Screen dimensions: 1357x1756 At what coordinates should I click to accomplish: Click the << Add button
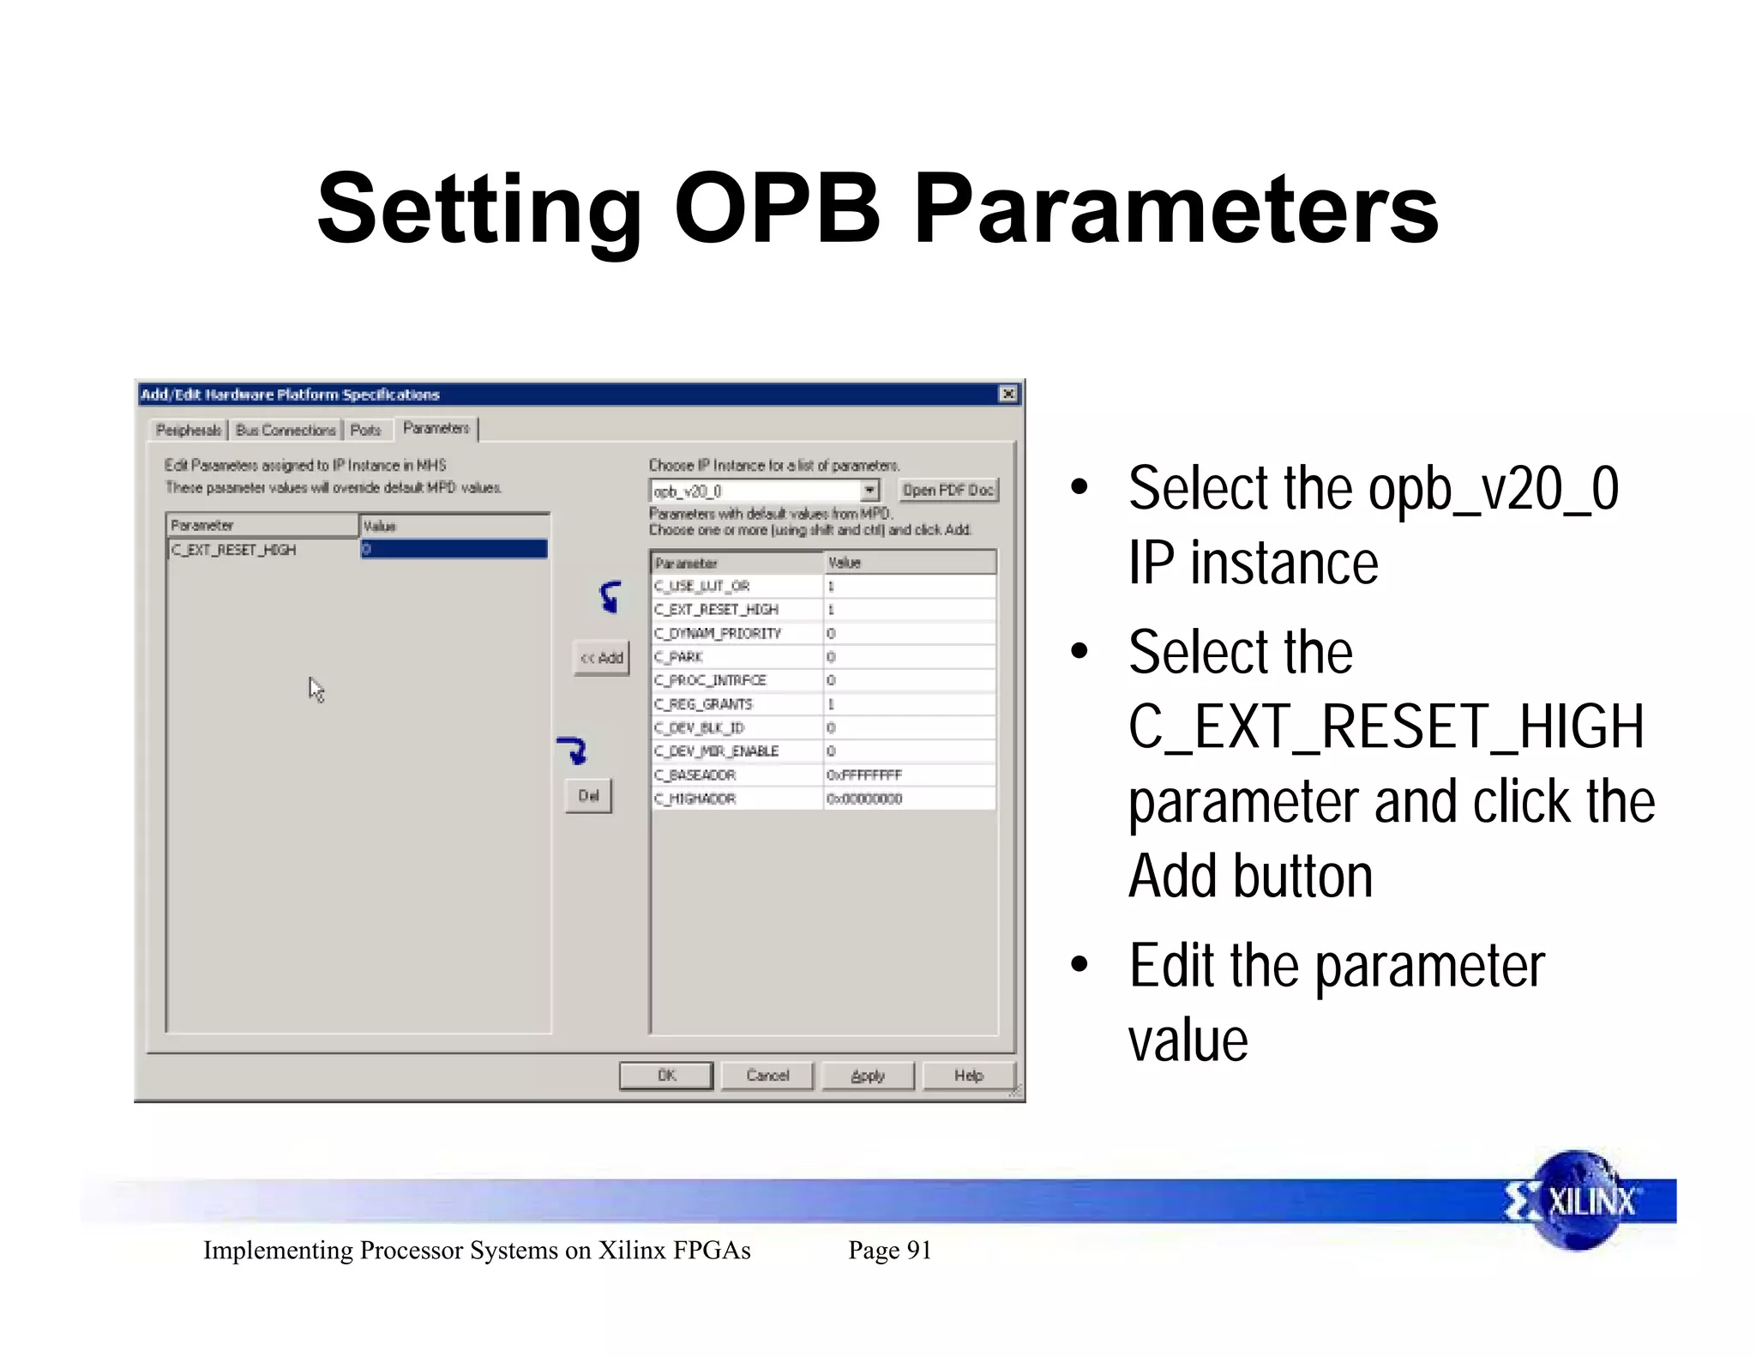(x=601, y=658)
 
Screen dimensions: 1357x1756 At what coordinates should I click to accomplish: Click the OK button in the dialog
(x=666, y=1075)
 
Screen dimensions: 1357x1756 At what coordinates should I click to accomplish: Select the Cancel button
(x=767, y=1075)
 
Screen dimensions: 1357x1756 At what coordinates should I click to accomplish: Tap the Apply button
(x=868, y=1075)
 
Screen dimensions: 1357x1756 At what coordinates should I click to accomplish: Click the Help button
(x=968, y=1075)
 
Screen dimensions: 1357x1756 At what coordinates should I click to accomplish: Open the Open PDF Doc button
(x=947, y=490)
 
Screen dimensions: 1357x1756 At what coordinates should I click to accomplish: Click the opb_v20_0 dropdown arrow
(x=869, y=490)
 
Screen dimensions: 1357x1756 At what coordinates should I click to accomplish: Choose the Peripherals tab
(x=188, y=430)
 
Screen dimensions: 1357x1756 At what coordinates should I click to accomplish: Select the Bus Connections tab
(x=286, y=430)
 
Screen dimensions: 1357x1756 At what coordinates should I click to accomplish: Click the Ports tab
(x=365, y=430)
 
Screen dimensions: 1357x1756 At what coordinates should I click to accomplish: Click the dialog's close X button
(x=1008, y=394)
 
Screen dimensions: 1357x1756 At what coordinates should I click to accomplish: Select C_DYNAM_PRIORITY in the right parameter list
(x=718, y=633)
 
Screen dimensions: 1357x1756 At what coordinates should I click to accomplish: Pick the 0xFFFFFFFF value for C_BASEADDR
(x=864, y=775)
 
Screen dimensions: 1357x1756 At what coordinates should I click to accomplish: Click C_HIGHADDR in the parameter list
(x=695, y=799)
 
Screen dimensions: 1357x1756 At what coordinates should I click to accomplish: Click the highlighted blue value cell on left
(x=454, y=549)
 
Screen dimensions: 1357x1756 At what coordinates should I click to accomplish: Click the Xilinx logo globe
(x=1576, y=1201)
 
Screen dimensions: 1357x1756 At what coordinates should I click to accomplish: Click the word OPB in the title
(x=777, y=208)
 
